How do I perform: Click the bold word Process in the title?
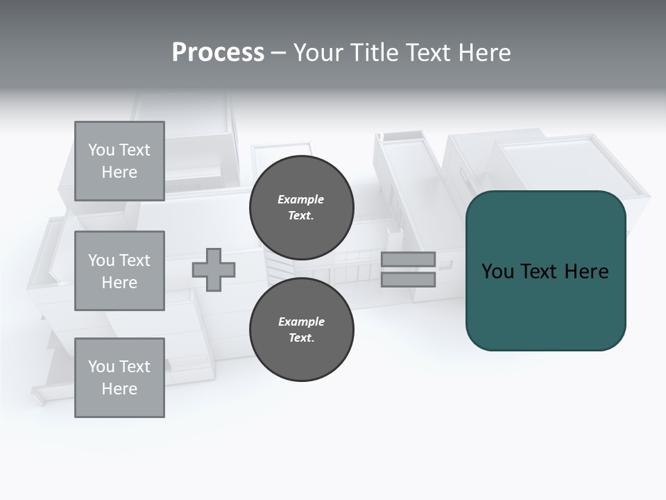218,53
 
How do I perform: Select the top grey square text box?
119,161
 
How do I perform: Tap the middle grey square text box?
119,271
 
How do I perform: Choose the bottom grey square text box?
119,378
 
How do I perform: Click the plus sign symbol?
214,269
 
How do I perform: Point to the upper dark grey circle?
301,207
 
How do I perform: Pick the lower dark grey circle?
301,329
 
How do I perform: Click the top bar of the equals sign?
408,259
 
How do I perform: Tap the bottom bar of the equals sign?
408,279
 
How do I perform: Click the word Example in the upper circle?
301,199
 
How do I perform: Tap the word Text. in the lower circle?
301,337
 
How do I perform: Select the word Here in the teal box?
586,272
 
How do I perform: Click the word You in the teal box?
497,272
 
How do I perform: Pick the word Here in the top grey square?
119,172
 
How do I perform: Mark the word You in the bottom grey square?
102,367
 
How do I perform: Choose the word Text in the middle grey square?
134,260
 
